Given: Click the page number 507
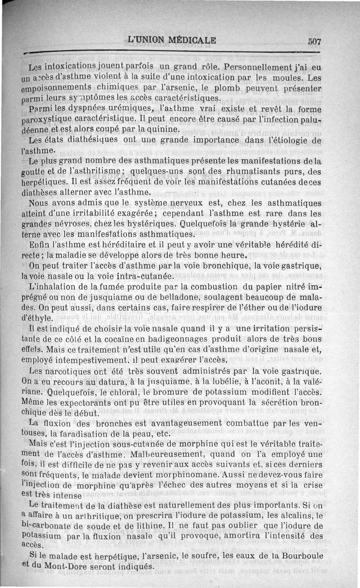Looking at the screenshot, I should coord(315,41).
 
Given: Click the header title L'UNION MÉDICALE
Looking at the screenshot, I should coord(172,40).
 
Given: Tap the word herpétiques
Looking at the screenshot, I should coord(47,182).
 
